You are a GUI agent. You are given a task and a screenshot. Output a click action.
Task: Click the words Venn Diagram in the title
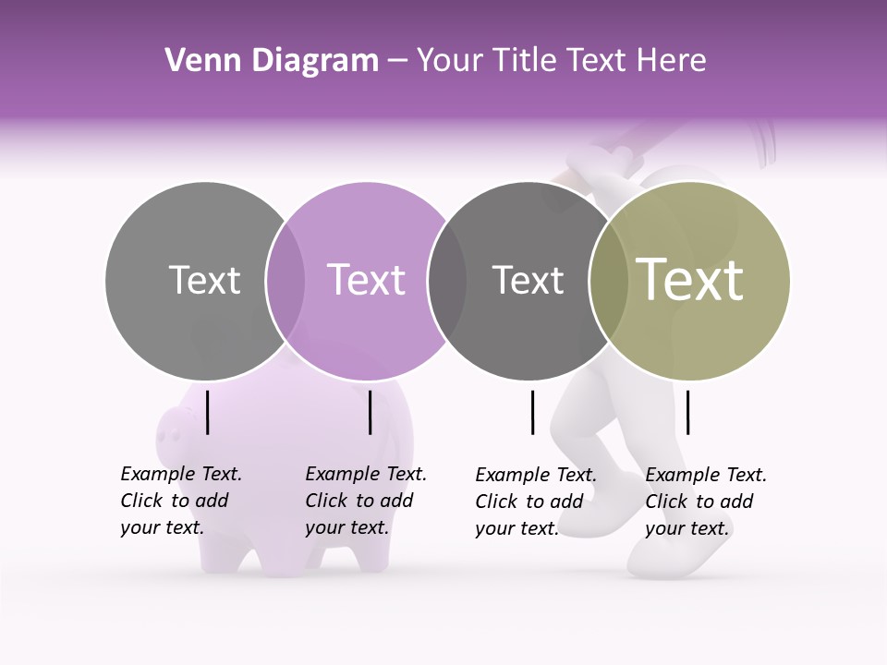click(x=272, y=61)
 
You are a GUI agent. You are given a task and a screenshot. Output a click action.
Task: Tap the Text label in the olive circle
click(x=689, y=279)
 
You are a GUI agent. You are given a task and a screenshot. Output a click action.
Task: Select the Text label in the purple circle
click(x=366, y=280)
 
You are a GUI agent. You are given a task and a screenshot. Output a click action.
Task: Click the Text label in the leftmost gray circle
click(x=204, y=280)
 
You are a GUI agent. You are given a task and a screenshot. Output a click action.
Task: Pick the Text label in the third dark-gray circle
click(x=528, y=280)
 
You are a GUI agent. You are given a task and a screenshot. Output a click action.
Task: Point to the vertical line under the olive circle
click(x=688, y=412)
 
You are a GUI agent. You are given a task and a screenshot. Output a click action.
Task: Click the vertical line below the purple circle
click(x=370, y=412)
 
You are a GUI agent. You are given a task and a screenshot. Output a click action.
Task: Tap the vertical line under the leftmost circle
click(x=208, y=412)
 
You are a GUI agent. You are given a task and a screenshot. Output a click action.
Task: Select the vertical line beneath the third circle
click(x=533, y=412)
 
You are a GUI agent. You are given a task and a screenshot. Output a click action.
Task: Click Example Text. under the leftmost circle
click(x=181, y=474)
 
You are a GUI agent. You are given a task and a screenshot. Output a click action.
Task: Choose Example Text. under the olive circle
click(x=706, y=475)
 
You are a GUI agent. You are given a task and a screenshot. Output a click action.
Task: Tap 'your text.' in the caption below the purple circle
click(x=346, y=527)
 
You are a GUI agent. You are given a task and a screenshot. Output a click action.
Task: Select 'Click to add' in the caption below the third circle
click(x=529, y=502)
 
